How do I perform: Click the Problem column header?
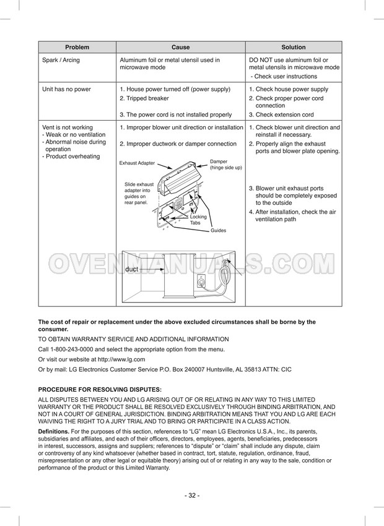click(77, 47)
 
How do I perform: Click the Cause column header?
click(180, 47)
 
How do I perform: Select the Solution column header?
click(294, 47)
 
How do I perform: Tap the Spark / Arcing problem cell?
click(61, 60)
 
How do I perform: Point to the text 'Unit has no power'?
click(66, 89)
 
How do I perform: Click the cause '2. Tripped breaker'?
click(144, 98)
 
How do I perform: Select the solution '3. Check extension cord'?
click(281, 114)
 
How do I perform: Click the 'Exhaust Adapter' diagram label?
click(137, 163)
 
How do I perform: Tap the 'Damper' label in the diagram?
click(219, 162)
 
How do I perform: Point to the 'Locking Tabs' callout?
click(198, 220)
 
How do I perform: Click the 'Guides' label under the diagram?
click(218, 230)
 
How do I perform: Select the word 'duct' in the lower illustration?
click(131, 269)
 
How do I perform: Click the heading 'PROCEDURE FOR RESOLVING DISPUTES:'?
click(100, 389)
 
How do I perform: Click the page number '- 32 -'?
click(192, 496)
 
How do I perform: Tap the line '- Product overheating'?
click(71, 156)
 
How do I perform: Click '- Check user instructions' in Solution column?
click(284, 76)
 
